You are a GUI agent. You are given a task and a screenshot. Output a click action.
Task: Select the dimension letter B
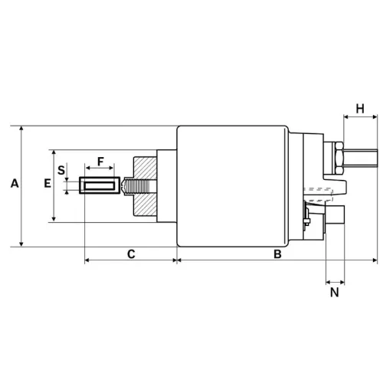click(x=278, y=253)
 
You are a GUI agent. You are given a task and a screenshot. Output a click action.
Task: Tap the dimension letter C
click(x=131, y=253)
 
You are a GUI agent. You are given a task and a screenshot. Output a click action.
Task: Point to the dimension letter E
click(x=47, y=184)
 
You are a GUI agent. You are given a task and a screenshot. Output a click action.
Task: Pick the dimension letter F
click(x=100, y=162)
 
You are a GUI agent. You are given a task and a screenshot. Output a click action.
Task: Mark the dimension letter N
click(x=335, y=292)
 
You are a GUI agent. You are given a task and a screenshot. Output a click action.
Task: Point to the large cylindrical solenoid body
click(x=234, y=185)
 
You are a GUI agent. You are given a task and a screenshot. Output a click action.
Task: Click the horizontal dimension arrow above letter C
click(x=130, y=260)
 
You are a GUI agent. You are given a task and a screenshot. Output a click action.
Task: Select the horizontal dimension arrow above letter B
click(x=277, y=260)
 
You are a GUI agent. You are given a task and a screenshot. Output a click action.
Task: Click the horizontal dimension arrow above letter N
click(x=335, y=281)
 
